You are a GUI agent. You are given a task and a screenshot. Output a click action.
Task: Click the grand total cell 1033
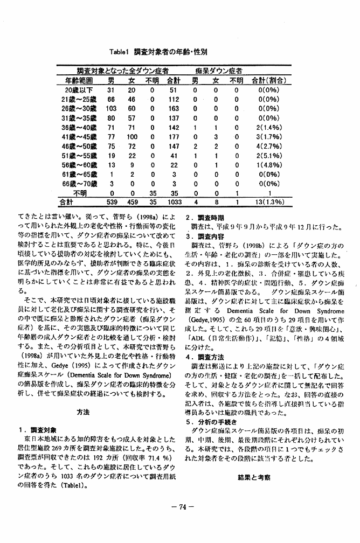pyautogui.click(x=174, y=203)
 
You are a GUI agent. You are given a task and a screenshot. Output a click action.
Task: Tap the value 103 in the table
pyautogui.click(x=111, y=108)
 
